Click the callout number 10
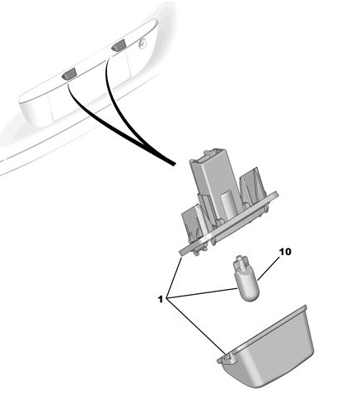[285, 252]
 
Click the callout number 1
[161, 299]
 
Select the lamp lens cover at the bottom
[267, 348]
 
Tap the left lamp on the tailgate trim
[70, 74]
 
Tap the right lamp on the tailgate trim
[119, 44]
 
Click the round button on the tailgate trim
[143, 43]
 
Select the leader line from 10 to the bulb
[269, 268]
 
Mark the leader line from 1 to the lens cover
[196, 326]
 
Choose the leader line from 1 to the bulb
[202, 292]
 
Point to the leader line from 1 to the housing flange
[175, 277]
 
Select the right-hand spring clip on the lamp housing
[253, 188]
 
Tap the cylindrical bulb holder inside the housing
[228, 204]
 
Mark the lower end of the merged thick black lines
[174, 164]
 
